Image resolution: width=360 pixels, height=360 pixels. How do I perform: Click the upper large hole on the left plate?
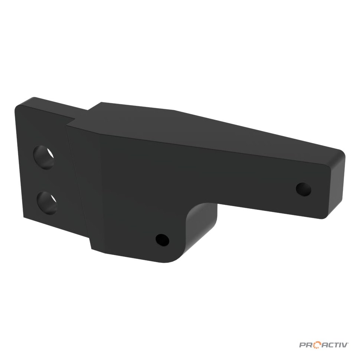[x=44, y=157]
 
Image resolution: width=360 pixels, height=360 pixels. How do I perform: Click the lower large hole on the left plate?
[x=47, y=203]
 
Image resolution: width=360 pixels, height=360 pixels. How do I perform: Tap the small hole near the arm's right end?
[x=304, y=189]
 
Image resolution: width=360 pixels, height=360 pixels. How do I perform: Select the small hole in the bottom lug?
[x=162, y=240]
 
